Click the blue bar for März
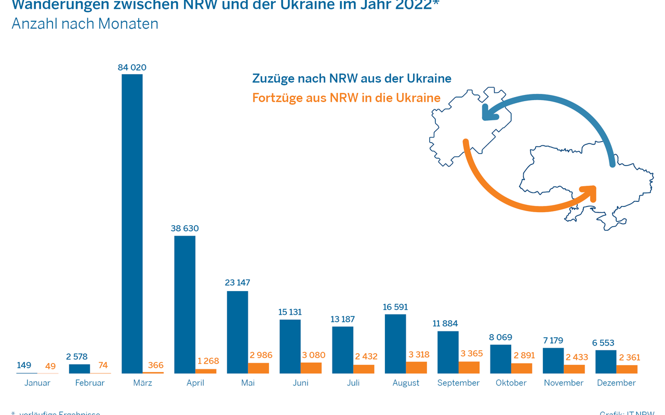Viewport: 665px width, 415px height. pyautogui.click(x=132, y=224)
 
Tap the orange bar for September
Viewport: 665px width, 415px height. pyautogui.click(x=469, y=367)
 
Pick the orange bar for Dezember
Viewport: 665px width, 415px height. pyautogui.click(x=627, y=369)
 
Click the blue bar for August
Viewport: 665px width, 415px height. pyautogui.click(x=395, y=343)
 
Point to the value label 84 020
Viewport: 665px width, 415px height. pyautogui.click(x=132, y=67)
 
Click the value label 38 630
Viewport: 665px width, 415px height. pyautogui.click(x=184, y=228)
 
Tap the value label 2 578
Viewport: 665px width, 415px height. pyautogui.click(x=79, y=356)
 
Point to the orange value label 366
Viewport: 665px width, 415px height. pyautogui.click(x=156, y=366)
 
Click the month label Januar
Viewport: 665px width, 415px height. pyautogui.click(x=37, y=383)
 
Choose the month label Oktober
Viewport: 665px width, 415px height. pyautogui.click(x=511, y=383)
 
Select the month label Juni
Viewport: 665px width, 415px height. pyautogui.click(x=300, y=383)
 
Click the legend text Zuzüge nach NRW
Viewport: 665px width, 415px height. pyautogui.click(x=352, y=79)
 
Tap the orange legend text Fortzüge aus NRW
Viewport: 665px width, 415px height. pyautogui.click(x=347, y=98)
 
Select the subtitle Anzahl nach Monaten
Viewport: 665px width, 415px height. pyautogui.click(x=85, y=24)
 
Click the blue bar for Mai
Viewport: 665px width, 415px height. pyautogui.click(x=237, y=332)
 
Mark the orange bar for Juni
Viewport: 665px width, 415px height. pyautogui.click(x=311, y=367)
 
